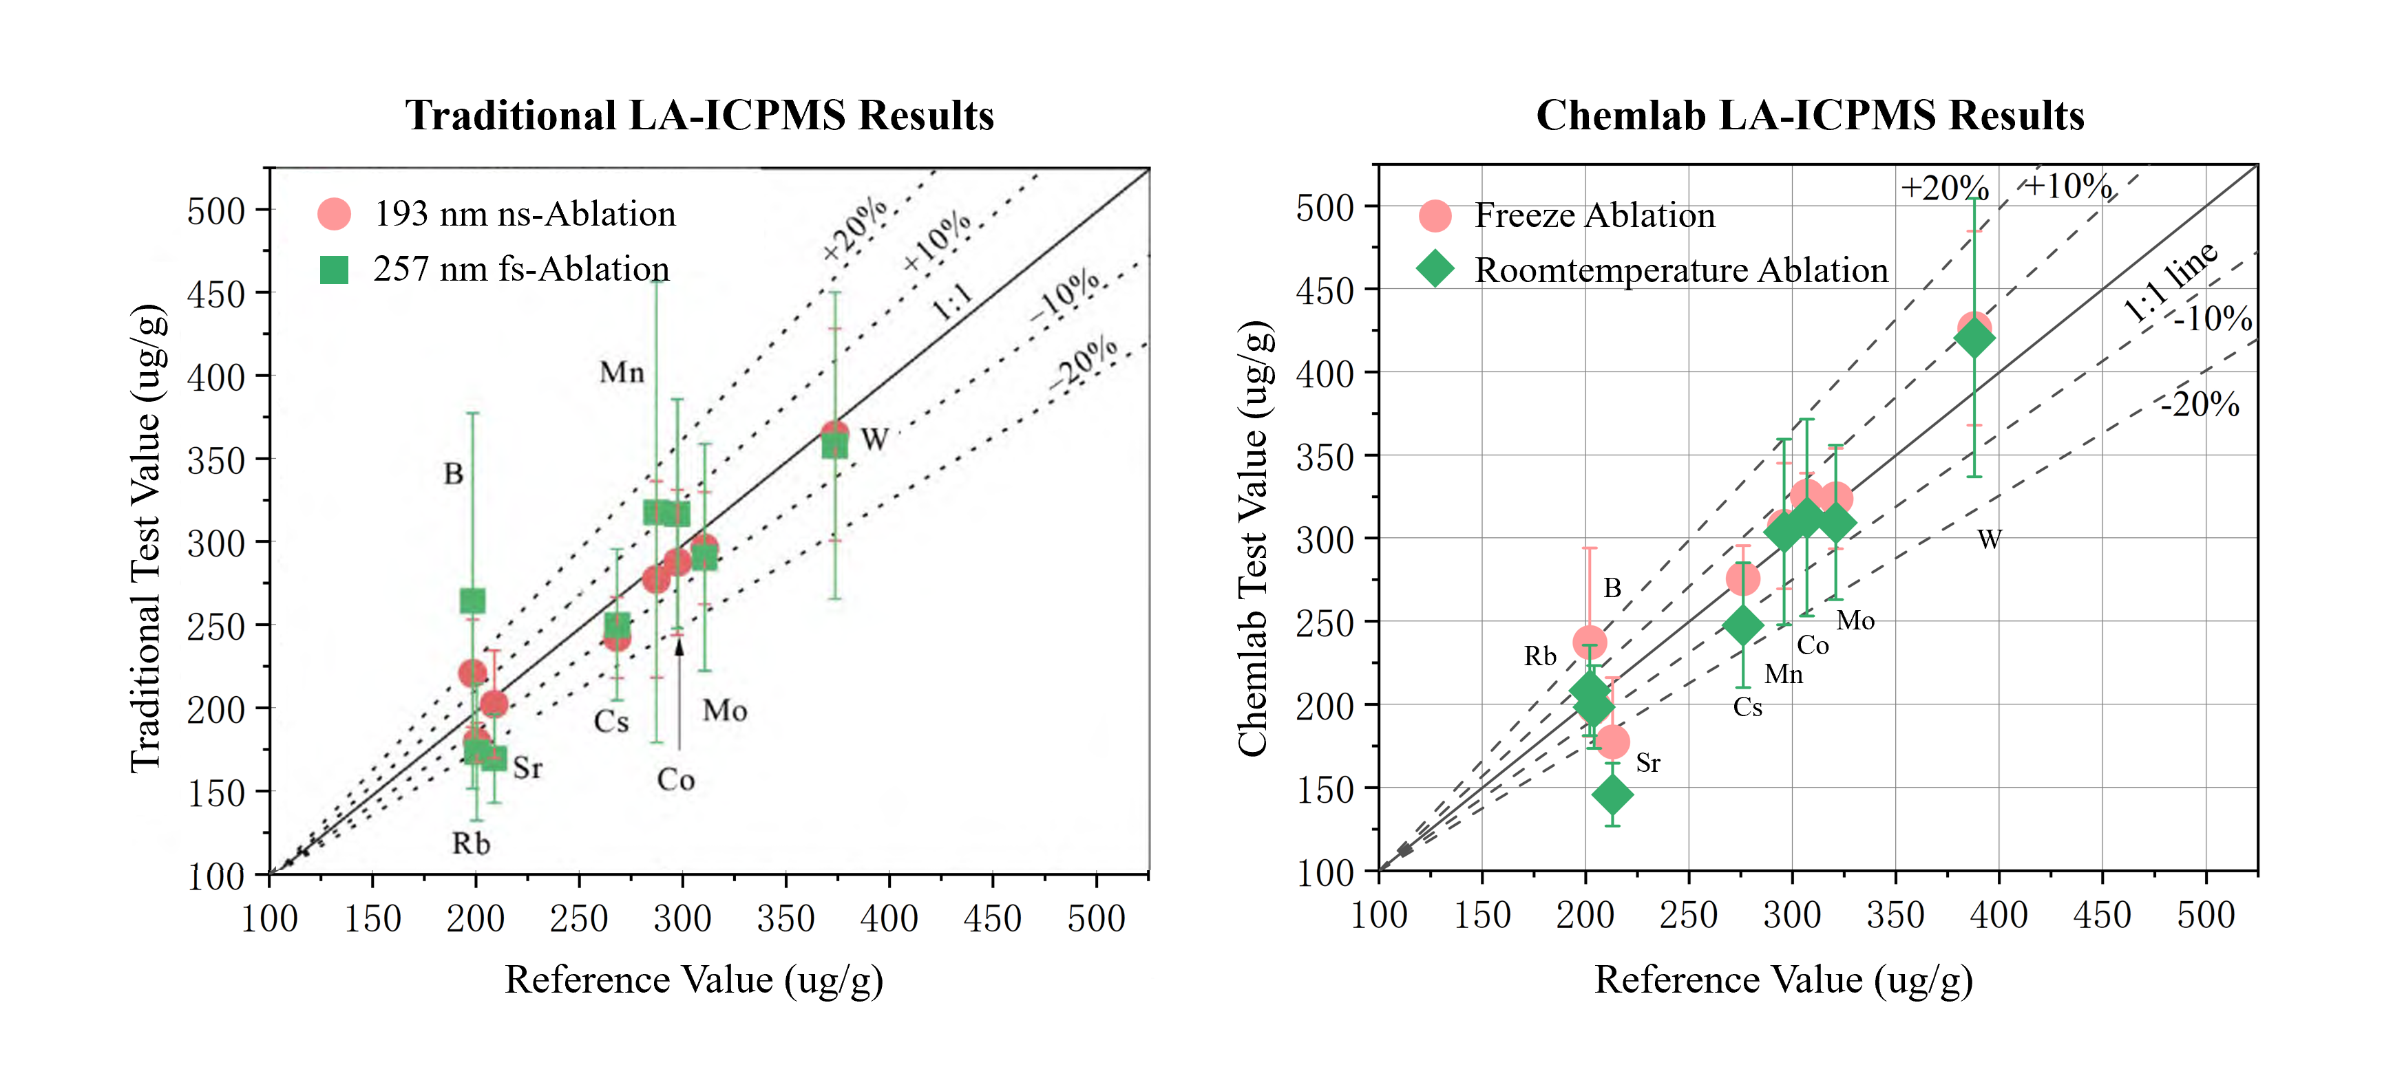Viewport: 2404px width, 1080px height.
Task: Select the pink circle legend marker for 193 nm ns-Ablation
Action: click(334, 213)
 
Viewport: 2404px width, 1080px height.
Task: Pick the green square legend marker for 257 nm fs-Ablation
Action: click(334, 270)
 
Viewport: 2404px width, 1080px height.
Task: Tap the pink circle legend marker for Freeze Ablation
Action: click(1435, 215)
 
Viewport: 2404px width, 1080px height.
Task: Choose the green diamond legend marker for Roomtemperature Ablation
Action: click(1435, 270)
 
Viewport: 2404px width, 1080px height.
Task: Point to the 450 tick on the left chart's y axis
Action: click(215, 294)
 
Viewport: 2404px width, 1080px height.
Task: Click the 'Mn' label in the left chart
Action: click(622, 373)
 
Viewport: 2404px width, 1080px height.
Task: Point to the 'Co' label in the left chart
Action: click(675, 779)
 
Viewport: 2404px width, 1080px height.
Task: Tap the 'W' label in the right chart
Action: click(1989, 539)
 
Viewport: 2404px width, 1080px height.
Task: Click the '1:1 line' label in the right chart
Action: click(2170, 281)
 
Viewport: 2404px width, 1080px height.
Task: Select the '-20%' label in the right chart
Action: click(2200, 404)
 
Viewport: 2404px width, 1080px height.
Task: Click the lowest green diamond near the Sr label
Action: click(1612, 795)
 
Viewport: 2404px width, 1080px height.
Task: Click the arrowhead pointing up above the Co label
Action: click(679, 645)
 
